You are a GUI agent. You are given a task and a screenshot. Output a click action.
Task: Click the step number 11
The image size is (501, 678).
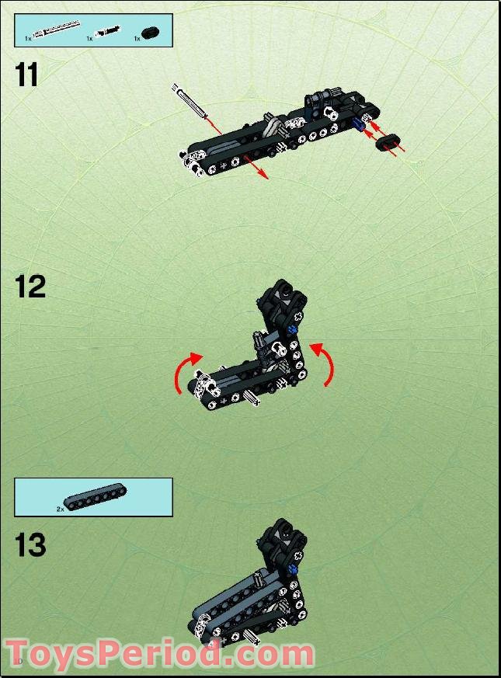28,75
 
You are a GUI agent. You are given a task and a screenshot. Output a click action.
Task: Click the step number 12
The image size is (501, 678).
30,287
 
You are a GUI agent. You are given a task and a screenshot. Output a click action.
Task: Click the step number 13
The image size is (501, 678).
30,545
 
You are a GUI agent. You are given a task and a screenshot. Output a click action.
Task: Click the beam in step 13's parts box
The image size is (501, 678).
95,499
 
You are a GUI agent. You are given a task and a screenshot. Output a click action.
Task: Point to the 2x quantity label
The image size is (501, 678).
60,509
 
